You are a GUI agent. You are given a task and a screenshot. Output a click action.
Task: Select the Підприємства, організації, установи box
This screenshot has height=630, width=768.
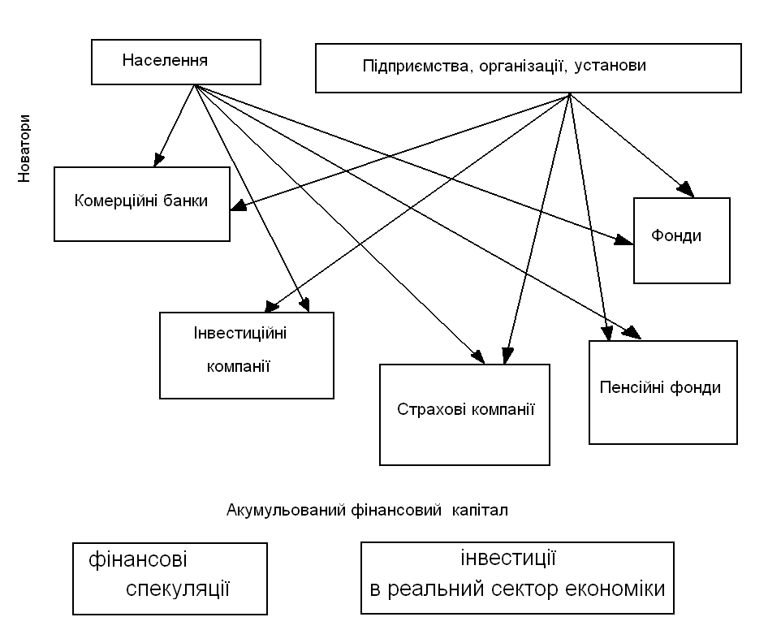pos(528,67)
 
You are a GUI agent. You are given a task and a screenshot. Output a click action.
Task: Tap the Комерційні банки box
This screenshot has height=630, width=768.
pos(142,203)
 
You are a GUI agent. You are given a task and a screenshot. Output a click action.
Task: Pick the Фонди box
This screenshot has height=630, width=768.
pos(681,240)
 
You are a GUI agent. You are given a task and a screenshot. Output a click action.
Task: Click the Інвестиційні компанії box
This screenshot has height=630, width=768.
pos(247,355)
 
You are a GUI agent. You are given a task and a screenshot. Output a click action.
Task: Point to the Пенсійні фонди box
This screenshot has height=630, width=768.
pos(662,392)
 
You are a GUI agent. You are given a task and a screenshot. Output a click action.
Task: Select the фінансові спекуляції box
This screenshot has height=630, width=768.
pos(170,578)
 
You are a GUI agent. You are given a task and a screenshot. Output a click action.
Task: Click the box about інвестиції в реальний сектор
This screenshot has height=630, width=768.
pos(517,578)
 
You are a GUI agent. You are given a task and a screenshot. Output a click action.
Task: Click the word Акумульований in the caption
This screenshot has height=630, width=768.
pos(276,511)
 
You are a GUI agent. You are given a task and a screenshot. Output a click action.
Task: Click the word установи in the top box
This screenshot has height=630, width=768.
pos(610,66)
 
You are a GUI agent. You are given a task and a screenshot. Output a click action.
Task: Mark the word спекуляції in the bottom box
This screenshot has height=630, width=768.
pos(179,589)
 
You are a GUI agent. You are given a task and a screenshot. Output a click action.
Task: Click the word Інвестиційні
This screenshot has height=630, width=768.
pos(242,334)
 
